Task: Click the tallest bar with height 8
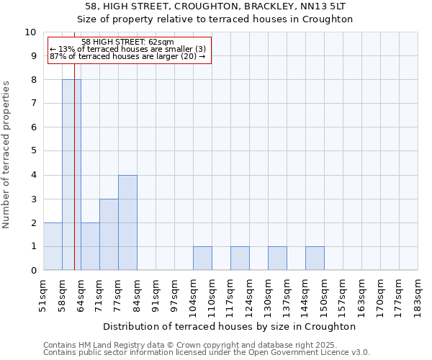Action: point(71,175)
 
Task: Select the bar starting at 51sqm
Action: point(53,246)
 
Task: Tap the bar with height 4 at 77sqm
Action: point(127,222)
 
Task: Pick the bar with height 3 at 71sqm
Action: point(109,235)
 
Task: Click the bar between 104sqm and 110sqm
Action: point(202,258)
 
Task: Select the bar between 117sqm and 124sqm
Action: point(240,258)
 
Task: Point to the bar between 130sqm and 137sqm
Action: point(277,258)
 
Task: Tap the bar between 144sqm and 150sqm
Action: point(315,258)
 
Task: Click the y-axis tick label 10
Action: point(30,32)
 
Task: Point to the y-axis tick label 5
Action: point(32,151)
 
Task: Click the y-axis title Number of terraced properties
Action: point(7,155)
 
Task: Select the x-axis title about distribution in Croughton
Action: point(230,326)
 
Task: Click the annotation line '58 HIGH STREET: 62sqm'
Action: point(127,42)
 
